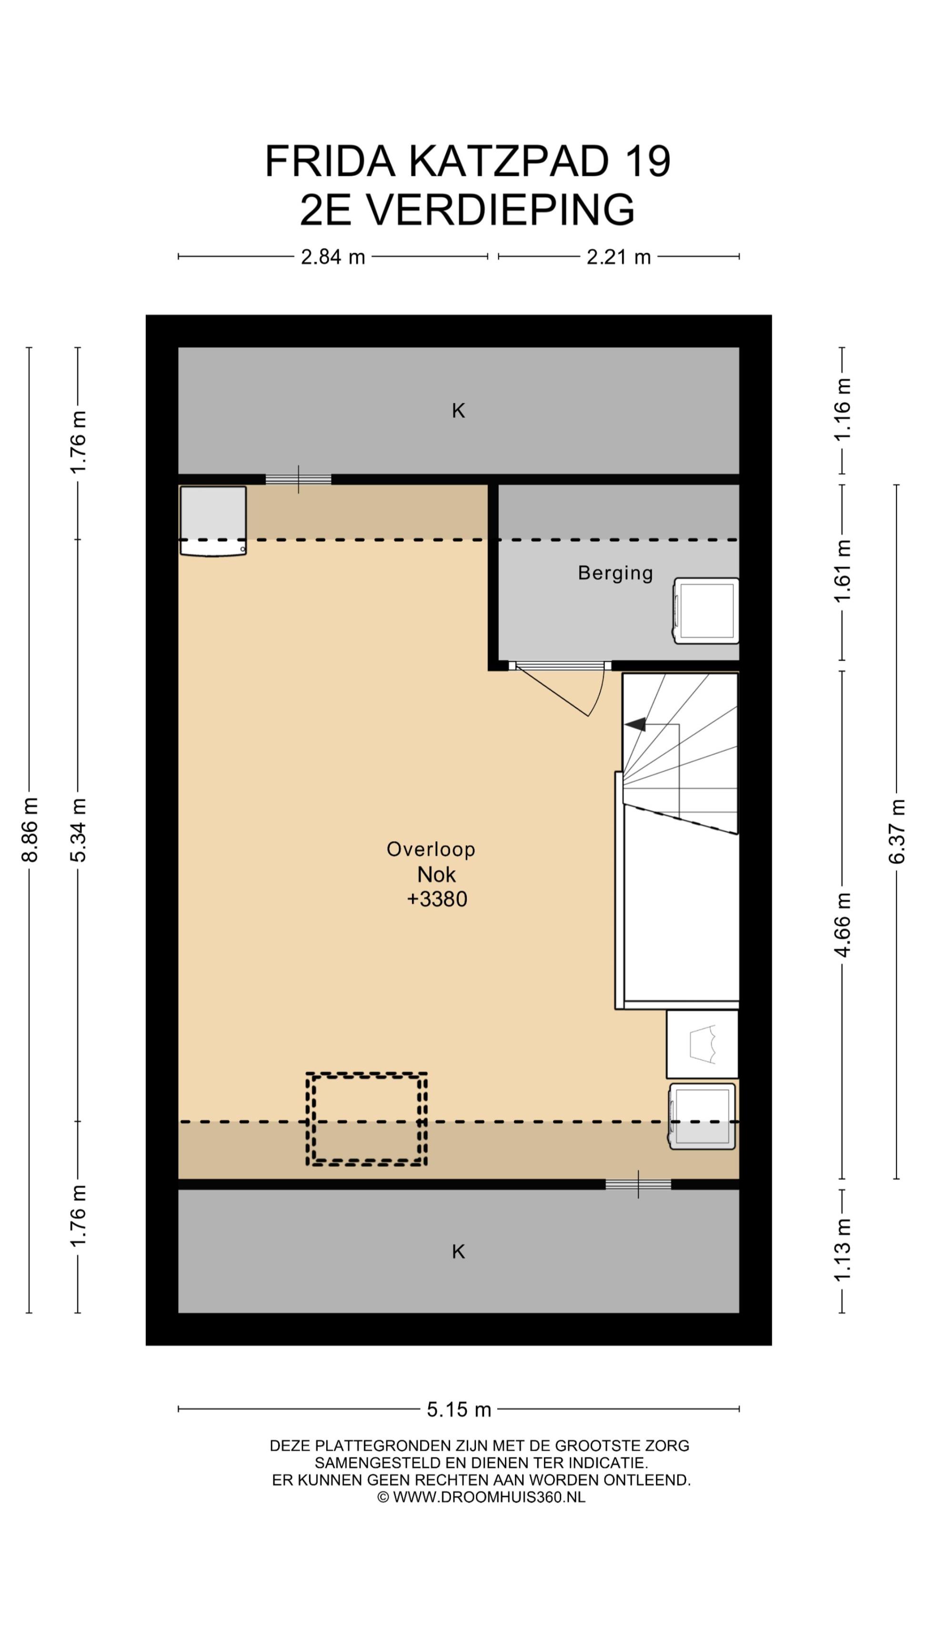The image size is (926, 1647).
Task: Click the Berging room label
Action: pyautogui.click(x=615, y=573)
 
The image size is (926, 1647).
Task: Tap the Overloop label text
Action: pyautogui.click(x=431, y=849)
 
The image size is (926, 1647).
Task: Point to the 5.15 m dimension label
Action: pyautogui.click(x=459, y=1409)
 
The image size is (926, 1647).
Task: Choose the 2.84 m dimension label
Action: pyautogui.click(x=333, y=257)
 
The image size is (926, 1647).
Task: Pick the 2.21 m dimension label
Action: pyautogui.click(x=619, y=257)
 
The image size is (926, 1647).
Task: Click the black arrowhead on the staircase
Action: pyautogui.click(x=635, y=724)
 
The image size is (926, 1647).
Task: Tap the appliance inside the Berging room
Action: pyautogui.click(x=705, y=610)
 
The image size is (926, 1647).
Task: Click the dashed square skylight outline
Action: pyautogui.click(x=366, y=1119)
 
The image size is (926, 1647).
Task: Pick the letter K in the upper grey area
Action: pyautogui.click(x=458, y=410)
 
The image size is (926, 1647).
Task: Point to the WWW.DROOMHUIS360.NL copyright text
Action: pyautogui.click(x=489, y=1497)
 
